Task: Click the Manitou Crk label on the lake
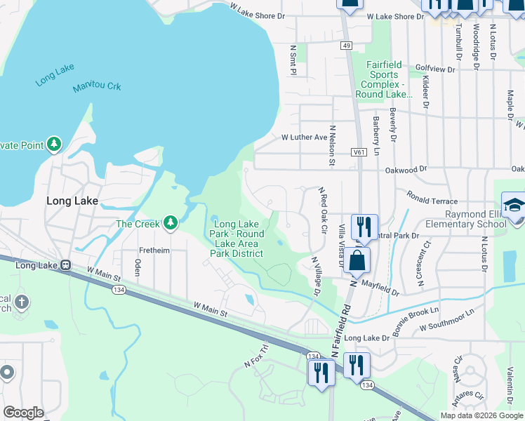(x=97, y=88)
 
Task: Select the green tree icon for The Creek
(x=170, y=223)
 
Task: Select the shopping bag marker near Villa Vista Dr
(x=357, y=259)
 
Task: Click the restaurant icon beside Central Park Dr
(x=364, y=226)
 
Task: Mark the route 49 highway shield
(x=347, y=45)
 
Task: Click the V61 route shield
(x=359, y=151)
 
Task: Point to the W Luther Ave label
(x=304, y=138)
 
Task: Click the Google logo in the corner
(x=23, y=413)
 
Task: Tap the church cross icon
(x=21, y=302)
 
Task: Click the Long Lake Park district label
(x=239, y=239)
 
